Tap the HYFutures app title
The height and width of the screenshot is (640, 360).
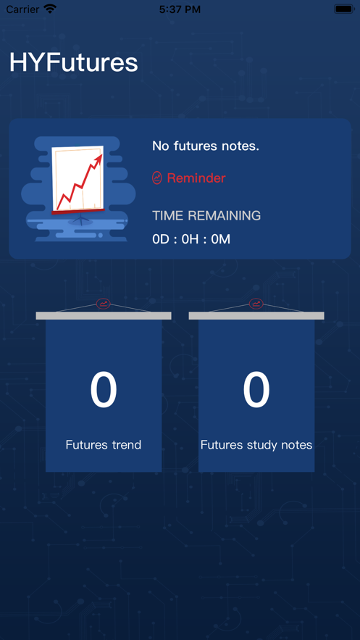74,63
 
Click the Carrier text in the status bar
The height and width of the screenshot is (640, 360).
22,9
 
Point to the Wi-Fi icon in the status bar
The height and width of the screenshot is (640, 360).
50,9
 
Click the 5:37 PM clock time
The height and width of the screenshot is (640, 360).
180,9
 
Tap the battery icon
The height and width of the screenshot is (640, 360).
344,9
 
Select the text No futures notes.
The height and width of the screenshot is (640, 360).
206,146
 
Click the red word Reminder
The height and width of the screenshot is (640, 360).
196,178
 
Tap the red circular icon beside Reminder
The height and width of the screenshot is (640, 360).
157,178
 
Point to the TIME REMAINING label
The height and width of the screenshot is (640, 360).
206,215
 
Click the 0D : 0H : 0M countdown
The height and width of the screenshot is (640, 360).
191,239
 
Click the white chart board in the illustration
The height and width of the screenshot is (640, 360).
78,180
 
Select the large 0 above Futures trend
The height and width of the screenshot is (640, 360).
104,390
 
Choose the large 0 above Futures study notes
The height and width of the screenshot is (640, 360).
256,390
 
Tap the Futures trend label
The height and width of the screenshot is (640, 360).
104,444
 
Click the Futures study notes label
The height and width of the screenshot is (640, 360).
256,444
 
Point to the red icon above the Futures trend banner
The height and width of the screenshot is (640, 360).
103,304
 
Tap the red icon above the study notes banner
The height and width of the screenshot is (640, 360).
256,304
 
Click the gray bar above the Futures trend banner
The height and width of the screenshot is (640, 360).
104,315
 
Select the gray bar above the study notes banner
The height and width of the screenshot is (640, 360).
256,315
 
